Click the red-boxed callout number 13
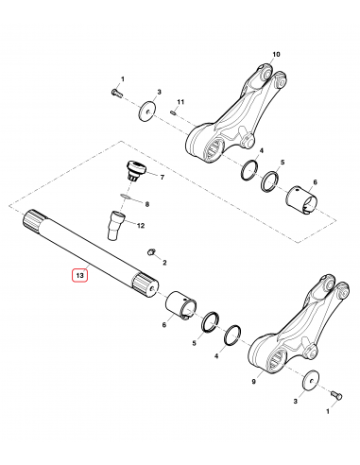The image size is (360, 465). pyautogui.click(x=80, y=275)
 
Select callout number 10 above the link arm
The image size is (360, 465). pyautogui.click(x=277, y=56)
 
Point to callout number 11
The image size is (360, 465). pyautogui.click(x=182, y=101)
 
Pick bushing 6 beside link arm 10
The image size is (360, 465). pyautogui.click(x=306, y=198)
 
